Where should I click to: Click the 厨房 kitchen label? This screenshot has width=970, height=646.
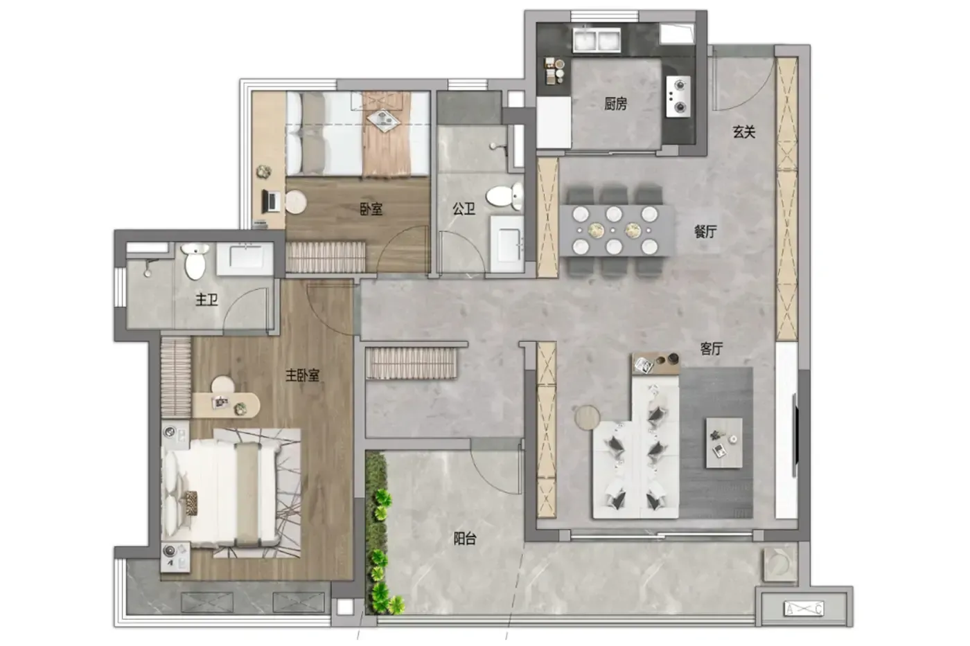click(x=615, y=104)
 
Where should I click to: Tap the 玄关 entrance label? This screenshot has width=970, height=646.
click(x=744, y=132)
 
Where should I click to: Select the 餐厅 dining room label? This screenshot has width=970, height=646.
click(x=705, y=232)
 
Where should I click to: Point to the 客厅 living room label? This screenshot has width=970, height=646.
click(x=712, y=348)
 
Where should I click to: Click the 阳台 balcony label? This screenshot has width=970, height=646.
click(x=465, y=539)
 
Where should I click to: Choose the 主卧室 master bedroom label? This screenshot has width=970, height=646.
click(x=302, y=375)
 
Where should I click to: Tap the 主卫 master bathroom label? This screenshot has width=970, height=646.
click(x=206, y=299)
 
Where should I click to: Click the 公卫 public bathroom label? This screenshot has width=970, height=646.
click(x=464, y=209)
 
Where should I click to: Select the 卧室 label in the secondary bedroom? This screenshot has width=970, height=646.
click(x=371, y=209)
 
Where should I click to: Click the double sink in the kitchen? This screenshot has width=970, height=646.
click(x=597, y=39)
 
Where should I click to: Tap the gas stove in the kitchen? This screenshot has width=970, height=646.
click(x=678, y=96)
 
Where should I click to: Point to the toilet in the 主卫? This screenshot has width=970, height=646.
click(x=195, y=261)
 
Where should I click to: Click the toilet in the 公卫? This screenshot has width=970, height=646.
click(x=505, y=197)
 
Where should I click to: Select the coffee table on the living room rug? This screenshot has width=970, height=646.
click(x=724, y=442)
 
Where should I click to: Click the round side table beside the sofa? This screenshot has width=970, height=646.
click(x=587, y=417)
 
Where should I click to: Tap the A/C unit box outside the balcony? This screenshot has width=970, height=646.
click(x=804, y=609)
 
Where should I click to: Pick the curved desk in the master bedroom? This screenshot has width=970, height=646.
click(x=226, y=405)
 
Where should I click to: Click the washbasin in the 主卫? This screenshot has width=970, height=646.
click(x=245, y=258)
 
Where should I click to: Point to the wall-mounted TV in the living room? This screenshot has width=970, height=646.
click(x=795, y=435)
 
